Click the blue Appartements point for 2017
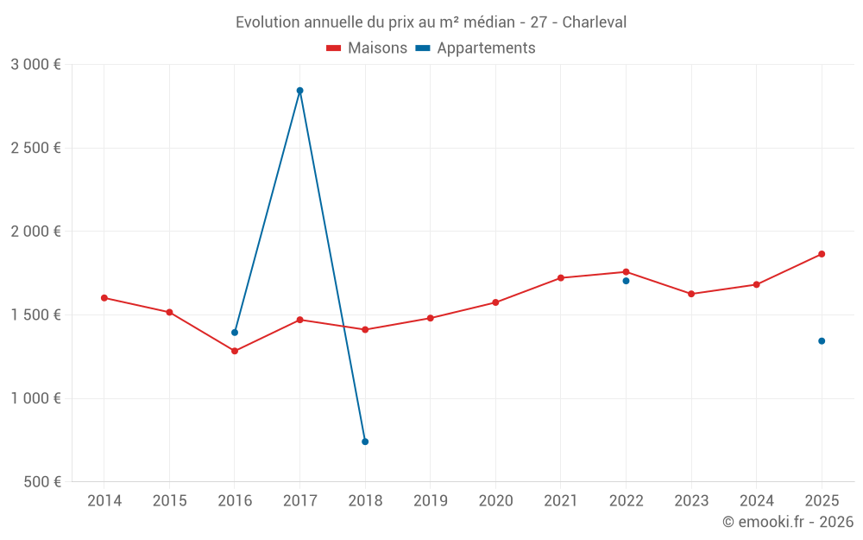pyautogui.click(x=299, y=91)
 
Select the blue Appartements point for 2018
pyautogui.click(x=365, y=442)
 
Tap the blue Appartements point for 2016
pyautogui.click(x=235, y=333)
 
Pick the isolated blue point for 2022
pyautogui.click(x=626, y=281)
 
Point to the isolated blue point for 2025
pyautogui.click(x=822, y=340)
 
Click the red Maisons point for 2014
pyautogui.click(x=104, y=298)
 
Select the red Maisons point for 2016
pyautogui.click(x=235, y=351)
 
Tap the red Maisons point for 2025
pyautogui.click(x=822, y=254)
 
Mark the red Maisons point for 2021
pyautogui.click(x=561, y=277)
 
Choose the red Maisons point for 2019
pyautogui.click(x=431, y=318)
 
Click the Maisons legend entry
pyautogui.click(x=367, y=48)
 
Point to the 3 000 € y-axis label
pyautogui.click(x=35, y=65)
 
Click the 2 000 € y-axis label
pyautogui.click(x=35, y=232)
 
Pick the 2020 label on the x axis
pyautogui.click(x=495, y=501)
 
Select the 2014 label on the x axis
pyautogui.click(x=104, y=501)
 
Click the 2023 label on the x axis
pyautogui.click(x=691, y=501)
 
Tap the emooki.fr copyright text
pyautogui.click(x=788, y=522)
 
